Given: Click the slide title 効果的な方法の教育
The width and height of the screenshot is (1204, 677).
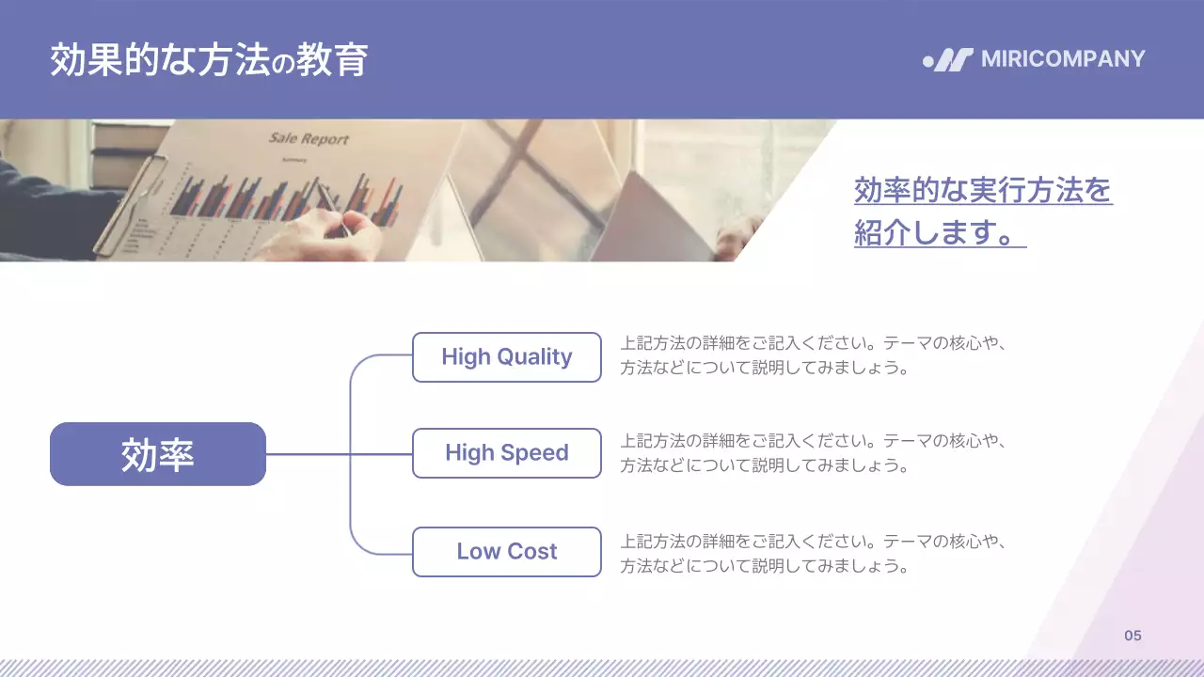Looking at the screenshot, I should [208, 59].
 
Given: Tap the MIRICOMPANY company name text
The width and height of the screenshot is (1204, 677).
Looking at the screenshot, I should [1063, 59].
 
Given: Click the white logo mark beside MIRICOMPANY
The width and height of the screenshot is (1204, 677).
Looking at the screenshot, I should [948, 60].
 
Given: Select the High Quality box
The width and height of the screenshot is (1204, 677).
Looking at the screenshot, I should [506, 357].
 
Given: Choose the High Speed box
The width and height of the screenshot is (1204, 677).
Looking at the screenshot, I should [506, 453].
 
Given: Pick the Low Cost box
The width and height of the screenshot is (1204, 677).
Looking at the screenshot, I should [506, 552].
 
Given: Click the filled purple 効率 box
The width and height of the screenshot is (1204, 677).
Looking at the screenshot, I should [157, 454].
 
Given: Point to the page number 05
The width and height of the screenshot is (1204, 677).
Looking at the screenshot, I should [1133, 636].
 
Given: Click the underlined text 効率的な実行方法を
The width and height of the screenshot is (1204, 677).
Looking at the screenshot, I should [983, 191].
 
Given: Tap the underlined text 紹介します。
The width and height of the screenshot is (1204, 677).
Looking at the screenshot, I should [939, 232].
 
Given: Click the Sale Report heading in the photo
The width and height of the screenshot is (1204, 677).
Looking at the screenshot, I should [309, 139].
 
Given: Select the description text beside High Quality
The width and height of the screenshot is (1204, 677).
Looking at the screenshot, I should [814, 355].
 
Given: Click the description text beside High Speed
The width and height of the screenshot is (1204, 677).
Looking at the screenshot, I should [814, 452].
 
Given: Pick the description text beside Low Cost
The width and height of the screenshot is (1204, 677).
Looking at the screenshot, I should [814, 554].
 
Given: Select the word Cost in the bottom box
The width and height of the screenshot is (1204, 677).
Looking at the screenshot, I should [533, 552].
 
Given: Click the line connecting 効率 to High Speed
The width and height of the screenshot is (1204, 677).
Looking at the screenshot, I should [310, 454].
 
